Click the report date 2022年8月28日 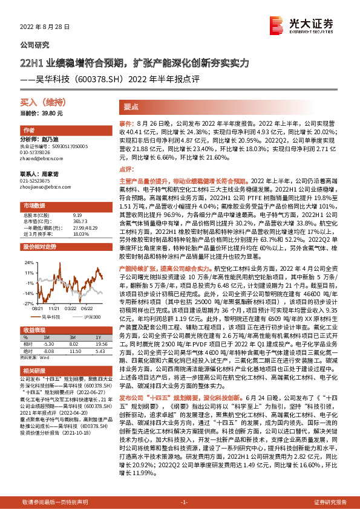[x=45, y=27]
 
